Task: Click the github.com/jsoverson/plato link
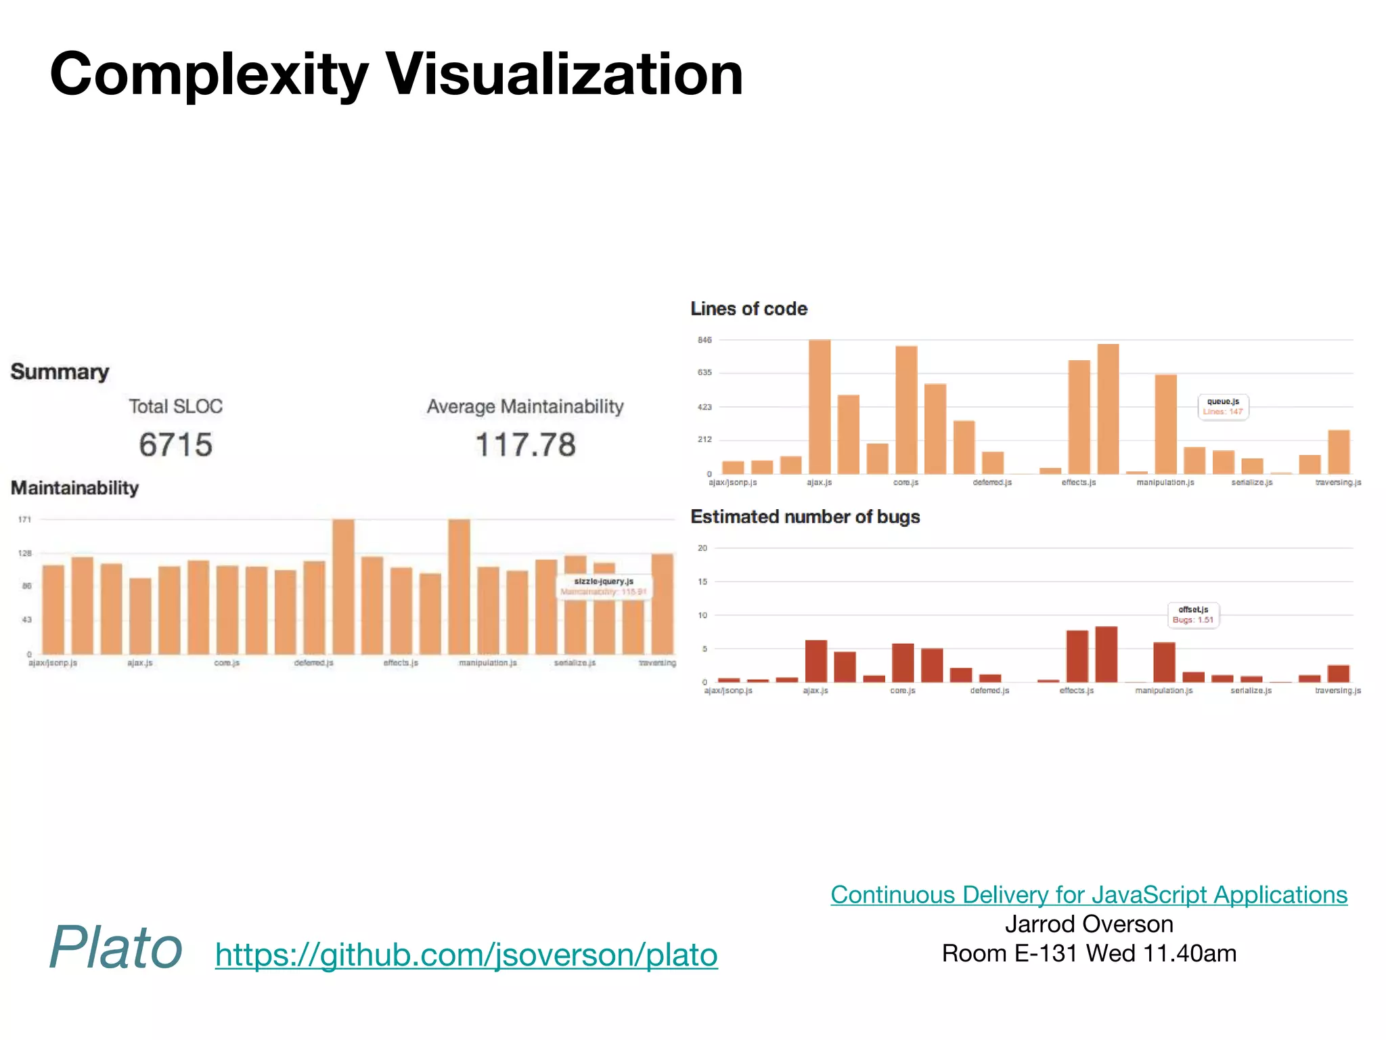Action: click(466, 955)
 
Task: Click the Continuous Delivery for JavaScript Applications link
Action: click(1088, 895)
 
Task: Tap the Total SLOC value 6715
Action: click(175, 445)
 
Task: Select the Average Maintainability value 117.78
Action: click(525, 445)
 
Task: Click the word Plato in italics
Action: click(116, 947)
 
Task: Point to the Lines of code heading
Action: click(748, 309)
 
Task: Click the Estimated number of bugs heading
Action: click(805, 517)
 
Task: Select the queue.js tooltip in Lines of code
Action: click(1223, 407)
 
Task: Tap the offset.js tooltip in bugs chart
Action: click(1193, 615)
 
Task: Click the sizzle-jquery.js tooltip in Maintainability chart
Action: click(604, 586)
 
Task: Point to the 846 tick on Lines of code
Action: click(705, 340)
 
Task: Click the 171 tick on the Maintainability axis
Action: click(24, 519)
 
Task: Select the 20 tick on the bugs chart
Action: click(702, 548)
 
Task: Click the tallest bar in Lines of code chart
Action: click(820, 406)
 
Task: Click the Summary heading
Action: click(60, 372)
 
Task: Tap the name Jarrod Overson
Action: click(1088, 924)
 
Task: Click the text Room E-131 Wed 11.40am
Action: click(1088, 953)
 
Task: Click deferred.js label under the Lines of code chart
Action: click(992, 483)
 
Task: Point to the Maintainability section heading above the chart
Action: click(74, 487)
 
